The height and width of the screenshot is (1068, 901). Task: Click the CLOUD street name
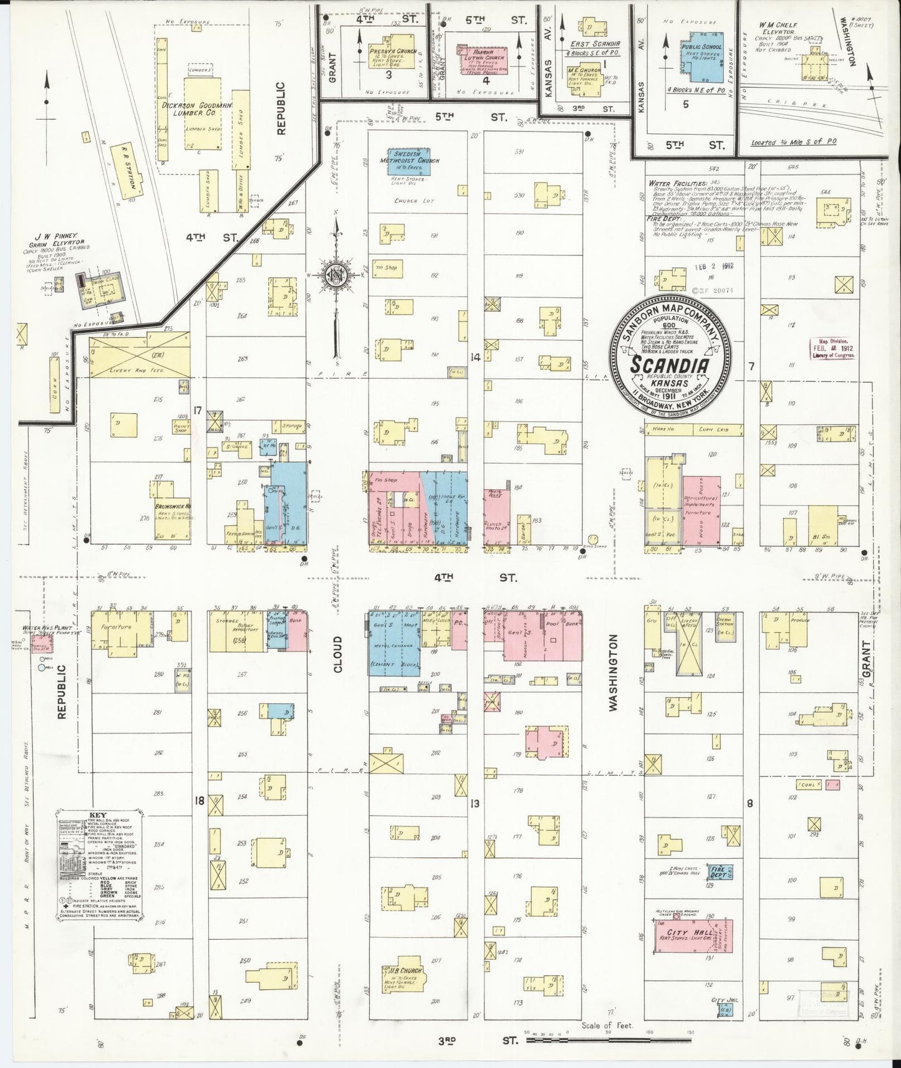coord(337,654)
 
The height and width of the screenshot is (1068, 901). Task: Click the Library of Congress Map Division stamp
coord(834,350)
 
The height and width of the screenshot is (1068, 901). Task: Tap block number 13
coord(475,803)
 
